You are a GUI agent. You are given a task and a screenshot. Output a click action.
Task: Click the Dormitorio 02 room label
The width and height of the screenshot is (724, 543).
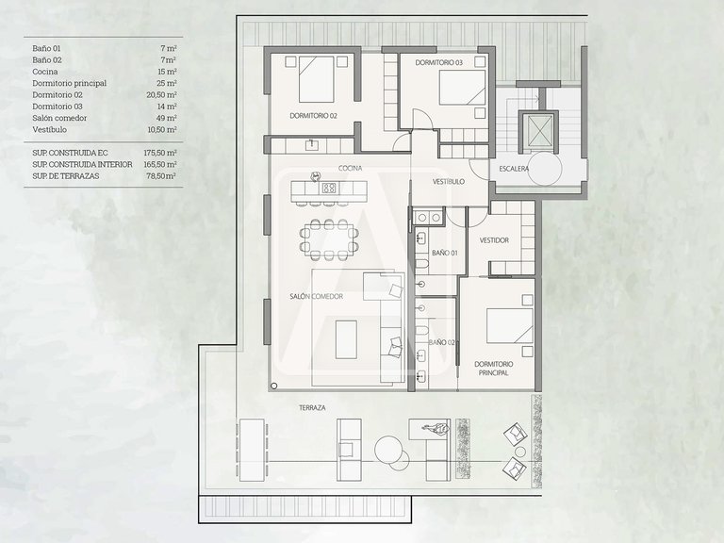[313, 116]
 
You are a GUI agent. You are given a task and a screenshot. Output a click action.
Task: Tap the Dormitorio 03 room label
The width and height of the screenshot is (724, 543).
[438, 62]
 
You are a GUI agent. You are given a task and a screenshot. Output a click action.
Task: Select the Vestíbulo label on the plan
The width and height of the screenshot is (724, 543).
[449, 181]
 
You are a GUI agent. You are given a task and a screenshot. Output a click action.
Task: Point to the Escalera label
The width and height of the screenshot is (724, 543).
[514, 169]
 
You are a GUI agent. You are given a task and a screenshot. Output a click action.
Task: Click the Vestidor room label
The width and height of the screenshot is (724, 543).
[494, 240]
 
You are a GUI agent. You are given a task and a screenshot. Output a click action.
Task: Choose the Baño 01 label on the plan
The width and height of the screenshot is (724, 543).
[445, 253]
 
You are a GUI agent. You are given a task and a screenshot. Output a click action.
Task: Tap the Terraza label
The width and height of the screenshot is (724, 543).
[312, 407]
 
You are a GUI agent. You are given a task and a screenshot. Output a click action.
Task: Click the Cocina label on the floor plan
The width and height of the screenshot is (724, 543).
[350, 168]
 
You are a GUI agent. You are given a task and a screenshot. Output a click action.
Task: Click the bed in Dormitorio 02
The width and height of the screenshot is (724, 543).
[317, 79]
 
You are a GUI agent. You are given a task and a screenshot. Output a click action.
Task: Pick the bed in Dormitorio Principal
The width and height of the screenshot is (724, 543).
[510, 326]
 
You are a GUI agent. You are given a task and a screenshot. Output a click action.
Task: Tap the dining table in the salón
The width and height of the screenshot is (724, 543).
[329, 239]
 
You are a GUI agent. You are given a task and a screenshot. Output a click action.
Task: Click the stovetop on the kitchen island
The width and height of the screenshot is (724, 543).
[329, 188]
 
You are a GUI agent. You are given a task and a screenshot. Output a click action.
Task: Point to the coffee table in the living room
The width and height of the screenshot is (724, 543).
[346, 339]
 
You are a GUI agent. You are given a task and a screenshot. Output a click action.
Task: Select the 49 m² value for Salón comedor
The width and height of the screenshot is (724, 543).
[167, 118]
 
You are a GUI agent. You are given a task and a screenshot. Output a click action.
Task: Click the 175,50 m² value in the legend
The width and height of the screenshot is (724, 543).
[160, 153]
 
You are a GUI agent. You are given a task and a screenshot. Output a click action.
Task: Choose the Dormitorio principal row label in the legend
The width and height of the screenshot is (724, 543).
[69, 83]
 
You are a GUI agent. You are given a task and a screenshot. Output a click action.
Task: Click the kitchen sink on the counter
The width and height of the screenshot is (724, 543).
[312, 145]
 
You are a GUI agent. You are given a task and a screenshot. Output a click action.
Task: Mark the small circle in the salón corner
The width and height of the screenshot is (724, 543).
[273, 386]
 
